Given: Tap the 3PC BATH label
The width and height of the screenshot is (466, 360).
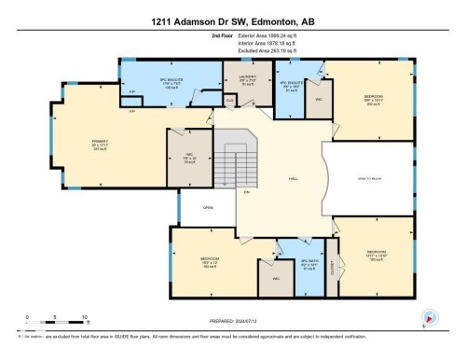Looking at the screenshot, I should (310, 264).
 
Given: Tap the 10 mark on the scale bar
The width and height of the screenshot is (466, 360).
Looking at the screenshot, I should (85, 317).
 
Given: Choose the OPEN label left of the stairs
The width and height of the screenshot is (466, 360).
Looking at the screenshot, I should (210, 208).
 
